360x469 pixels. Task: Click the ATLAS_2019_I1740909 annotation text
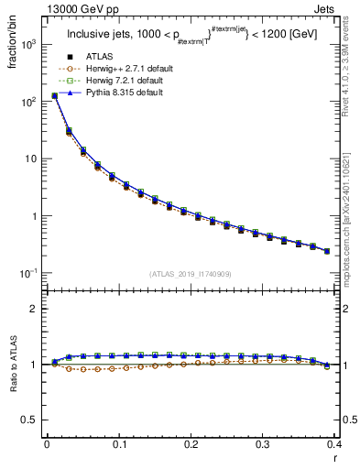point(190,274)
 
